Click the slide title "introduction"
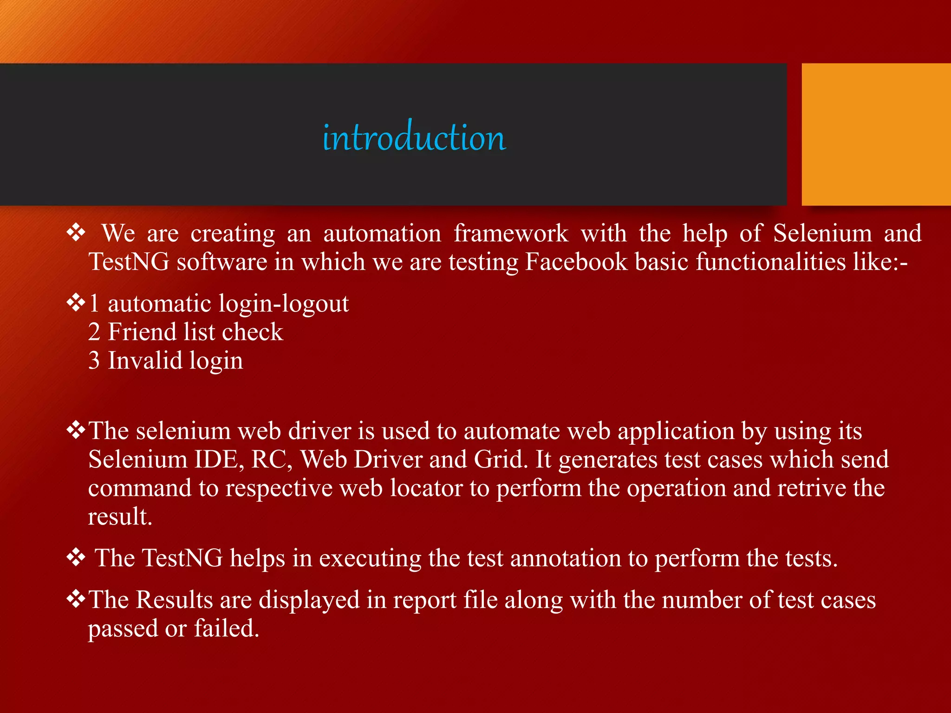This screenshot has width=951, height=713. [x=414, y=138]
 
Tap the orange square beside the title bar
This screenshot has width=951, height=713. [x=876, y=134]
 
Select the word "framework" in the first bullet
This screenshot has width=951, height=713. [x=510, y=233]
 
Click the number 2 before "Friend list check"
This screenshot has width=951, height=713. [x=94, y=332]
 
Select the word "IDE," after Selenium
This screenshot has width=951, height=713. [x=219, y=460]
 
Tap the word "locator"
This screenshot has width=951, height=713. [x=426, y=488]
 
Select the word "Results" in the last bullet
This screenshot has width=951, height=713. [x=174, y=600]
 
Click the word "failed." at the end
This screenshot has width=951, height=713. [x=226, y=629]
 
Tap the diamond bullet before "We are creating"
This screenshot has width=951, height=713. [x=76, y=232]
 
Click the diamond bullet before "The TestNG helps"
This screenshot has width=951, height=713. [x=76, y=557]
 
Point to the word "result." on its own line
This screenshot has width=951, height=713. [x=120, y=517]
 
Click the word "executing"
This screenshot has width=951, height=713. [x=370, y=558]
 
